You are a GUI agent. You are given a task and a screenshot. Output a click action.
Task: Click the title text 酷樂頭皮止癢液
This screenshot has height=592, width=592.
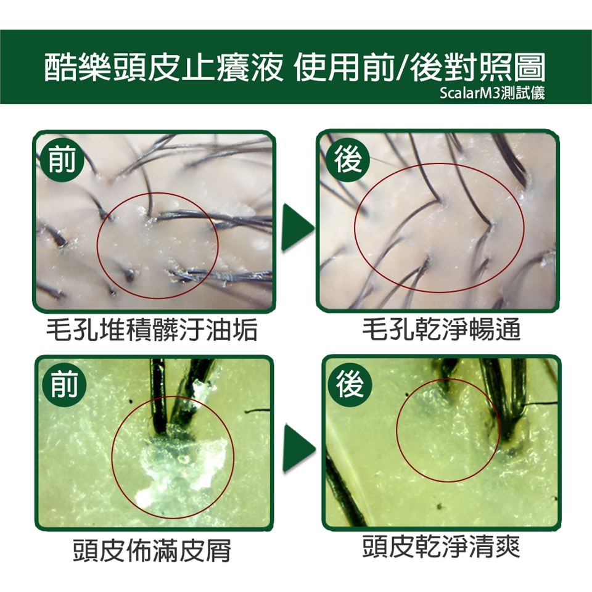(x=163, y=68)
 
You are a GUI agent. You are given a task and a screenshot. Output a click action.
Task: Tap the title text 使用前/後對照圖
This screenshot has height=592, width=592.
(x=419, y=68)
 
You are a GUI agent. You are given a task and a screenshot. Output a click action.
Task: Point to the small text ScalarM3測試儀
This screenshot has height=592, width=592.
(x=492, y=93)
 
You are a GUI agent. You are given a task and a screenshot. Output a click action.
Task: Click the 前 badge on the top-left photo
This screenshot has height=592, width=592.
(x=62, y=160)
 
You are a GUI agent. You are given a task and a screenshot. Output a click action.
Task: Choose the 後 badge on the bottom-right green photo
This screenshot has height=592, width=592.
(x=350, y=384)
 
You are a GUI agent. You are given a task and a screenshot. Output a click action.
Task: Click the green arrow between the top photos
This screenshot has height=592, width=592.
(x=297, y=228)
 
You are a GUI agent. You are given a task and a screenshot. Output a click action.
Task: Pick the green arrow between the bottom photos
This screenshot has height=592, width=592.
(x=298, y=448)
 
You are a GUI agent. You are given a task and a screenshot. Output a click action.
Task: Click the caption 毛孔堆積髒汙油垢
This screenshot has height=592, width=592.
(x=152, y=329)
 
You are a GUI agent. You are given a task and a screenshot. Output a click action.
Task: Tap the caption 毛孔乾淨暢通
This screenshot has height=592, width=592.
(x=442, y=329)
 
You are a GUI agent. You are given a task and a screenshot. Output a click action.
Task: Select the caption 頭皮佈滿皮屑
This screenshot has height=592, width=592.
(x=152, y=550)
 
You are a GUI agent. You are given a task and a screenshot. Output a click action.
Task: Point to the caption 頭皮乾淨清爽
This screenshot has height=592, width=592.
(x=441, y=546)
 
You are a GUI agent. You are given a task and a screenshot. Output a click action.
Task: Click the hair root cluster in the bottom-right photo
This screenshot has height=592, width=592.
(x=510, y=434)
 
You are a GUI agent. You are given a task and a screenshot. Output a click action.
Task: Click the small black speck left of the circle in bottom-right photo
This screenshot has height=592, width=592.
(x=407, y=395)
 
